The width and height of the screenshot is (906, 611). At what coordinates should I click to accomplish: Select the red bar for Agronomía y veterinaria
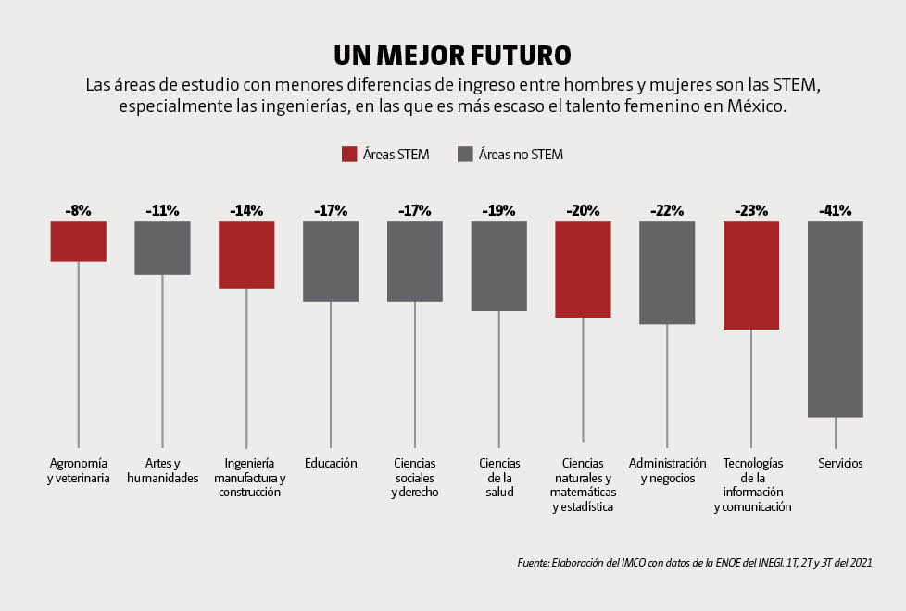tap(78, 242)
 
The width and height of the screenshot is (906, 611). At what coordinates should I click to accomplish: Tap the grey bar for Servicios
tap(835, 318)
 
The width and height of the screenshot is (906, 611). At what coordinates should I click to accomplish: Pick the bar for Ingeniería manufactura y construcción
tap(246, 255)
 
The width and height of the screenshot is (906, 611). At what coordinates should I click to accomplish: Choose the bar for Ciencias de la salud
tap(498, 266)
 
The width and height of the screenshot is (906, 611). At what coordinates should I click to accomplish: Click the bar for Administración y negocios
tap(667, 272)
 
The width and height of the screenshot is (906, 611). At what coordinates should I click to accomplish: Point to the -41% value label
tap(835, 211)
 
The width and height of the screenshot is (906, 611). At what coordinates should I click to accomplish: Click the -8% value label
tap(78, 211)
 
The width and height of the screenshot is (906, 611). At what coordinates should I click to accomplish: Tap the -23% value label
tap(750, 211)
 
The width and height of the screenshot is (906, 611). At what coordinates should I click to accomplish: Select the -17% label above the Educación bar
tap(331, 211)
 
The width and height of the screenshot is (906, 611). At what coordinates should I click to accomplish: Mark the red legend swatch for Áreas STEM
tap(349, 155)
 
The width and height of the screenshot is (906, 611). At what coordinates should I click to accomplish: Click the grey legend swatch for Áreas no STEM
tap(465, 155)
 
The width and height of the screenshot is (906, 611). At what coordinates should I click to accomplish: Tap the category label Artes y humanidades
tap(162, 470)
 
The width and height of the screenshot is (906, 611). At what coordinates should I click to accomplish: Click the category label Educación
tap(331, 463)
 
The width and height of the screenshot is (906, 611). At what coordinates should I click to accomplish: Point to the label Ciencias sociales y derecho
tap(414, 478)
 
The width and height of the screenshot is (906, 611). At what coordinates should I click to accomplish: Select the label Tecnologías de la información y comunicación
tap(751, 485)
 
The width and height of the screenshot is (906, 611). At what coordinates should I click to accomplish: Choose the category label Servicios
tap(839, 463)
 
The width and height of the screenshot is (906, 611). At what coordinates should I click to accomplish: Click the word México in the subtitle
tap(754, 106)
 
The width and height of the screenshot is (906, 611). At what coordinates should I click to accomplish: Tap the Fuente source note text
tap(694, 562)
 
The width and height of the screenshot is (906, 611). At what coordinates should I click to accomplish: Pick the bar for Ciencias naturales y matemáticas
tap(583, 269)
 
